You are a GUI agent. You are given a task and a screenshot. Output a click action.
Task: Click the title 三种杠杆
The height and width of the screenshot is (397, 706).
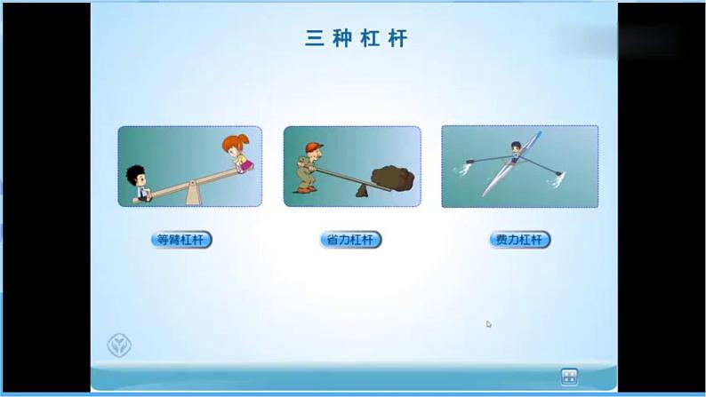click(x=356, y=40)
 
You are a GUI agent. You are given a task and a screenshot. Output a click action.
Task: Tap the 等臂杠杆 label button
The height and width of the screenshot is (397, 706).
click(x=181, y=240)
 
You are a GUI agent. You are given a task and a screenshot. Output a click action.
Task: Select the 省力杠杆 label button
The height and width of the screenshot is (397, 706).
click(x=350, y=240)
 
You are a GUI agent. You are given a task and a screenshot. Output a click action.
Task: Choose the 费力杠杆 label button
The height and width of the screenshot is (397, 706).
click(x=520, y=240)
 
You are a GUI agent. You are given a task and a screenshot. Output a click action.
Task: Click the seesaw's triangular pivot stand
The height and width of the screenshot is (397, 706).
click(x=191, y=194)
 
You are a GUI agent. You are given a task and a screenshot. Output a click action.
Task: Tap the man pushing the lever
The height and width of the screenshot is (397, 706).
click(x=307, y=169)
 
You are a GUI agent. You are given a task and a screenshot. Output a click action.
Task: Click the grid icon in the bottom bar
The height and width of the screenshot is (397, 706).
click(x=569, y=377)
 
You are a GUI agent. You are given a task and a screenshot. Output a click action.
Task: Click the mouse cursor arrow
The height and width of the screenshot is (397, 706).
click(x=489, y=324)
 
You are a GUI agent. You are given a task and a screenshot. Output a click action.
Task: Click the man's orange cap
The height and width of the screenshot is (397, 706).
click(x=310, y=146)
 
